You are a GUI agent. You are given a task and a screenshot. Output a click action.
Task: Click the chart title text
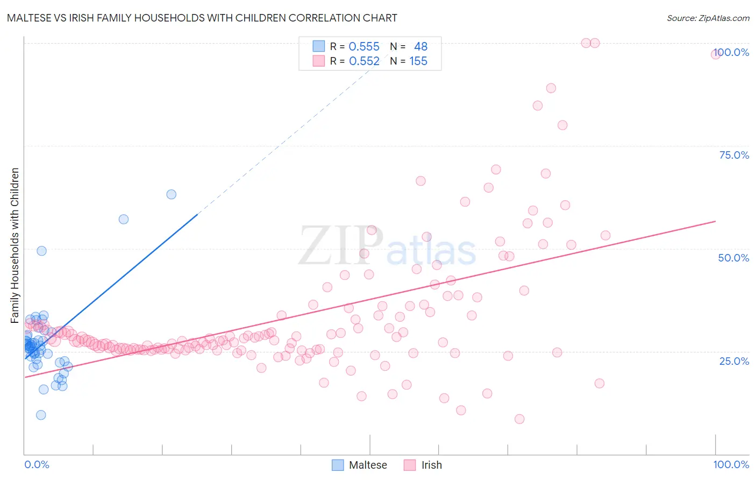pos(202,18)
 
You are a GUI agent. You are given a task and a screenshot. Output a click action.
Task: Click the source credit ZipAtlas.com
pos(708,18)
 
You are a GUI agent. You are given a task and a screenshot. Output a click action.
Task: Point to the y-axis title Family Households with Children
pos(15,245)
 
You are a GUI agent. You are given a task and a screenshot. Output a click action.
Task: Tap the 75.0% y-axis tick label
pos(734,155)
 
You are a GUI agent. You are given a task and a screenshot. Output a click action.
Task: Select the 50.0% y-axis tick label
pos(733,258)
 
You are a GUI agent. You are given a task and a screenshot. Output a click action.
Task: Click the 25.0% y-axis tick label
pos(734,361)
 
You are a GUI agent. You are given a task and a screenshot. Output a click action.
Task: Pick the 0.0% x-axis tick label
pos(37,464)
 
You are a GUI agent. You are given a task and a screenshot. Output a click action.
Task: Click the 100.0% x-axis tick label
pos(731,464)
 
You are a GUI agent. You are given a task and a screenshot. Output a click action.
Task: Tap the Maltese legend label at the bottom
pos(368,465)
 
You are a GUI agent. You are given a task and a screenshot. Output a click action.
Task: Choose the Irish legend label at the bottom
pos(431,465)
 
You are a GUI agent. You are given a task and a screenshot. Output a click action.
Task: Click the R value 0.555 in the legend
pos(364,47)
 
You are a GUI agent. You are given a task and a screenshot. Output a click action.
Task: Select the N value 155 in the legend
pos(418,61)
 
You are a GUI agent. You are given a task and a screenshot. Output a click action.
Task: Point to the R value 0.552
pos(364,61)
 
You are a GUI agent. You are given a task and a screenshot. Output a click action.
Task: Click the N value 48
pos(420,47)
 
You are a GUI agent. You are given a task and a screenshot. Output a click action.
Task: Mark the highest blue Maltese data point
pos(171,194)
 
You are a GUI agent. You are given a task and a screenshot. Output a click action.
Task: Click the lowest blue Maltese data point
pos(41,415)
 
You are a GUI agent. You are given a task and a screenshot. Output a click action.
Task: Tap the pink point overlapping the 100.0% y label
pos(716,54)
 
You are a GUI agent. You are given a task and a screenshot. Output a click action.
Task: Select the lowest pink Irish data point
pos(519,419)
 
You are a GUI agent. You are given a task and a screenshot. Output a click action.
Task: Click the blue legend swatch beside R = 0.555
pos(319,46)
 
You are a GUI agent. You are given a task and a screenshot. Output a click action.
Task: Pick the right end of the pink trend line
pos(715,221)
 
